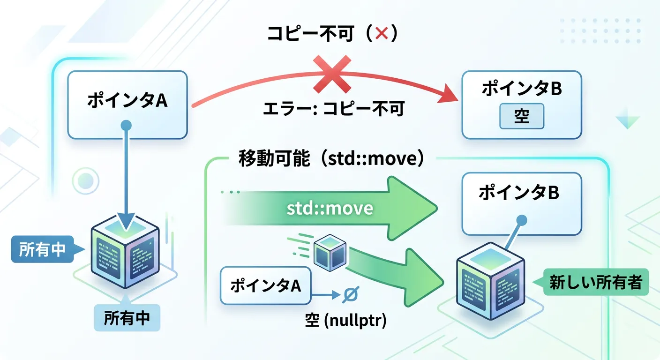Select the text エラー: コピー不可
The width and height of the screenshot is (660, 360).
[333, 109]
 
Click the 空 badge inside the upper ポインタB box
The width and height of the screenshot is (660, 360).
[521, 116]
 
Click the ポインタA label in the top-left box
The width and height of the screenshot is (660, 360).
[127, 101]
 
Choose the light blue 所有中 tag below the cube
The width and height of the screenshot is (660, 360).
[127, 318]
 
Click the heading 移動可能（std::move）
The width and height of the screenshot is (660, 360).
[332, 159]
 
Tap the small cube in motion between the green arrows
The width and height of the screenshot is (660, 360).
[330, 252]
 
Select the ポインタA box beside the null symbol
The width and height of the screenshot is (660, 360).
[265, 286]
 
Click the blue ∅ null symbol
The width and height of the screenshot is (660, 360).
[349, 294]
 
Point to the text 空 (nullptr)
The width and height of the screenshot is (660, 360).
[345, 322]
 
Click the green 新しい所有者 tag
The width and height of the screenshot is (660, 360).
[595, 282]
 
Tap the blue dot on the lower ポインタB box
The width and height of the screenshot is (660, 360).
[521, 220]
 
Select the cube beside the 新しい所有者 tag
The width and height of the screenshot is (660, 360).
[491, 281]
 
